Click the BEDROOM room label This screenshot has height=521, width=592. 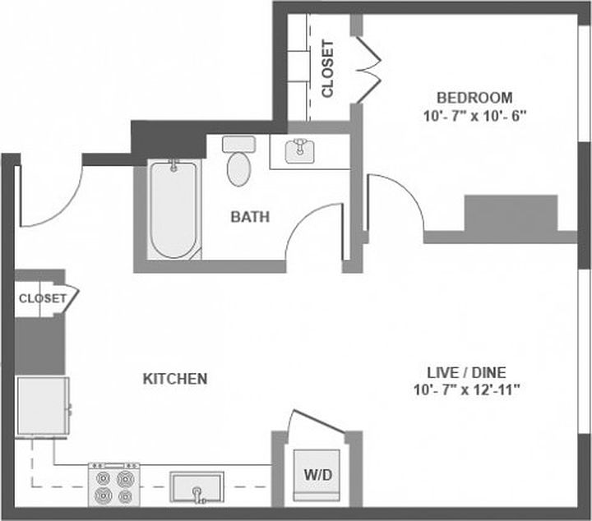pyautogui.click(x=474, y=96)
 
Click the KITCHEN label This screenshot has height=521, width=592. pyautogui.click(x=175, y=379)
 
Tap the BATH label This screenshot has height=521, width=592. pyautogui.click(x=250, y=217)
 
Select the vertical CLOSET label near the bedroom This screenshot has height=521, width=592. pyautogui.click(x=327, y=69)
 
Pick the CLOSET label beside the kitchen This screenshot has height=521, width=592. pyautogui.click(x=41, y=298)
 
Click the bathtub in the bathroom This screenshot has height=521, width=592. pyautogui.click(x=173, y=209)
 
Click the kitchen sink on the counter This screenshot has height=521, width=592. pyautogui.click(x=197, y=486)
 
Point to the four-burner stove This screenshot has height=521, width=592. pyautogui.click(x=114, y=486)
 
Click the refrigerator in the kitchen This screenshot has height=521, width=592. pyautogui.click(x=43, y=406)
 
